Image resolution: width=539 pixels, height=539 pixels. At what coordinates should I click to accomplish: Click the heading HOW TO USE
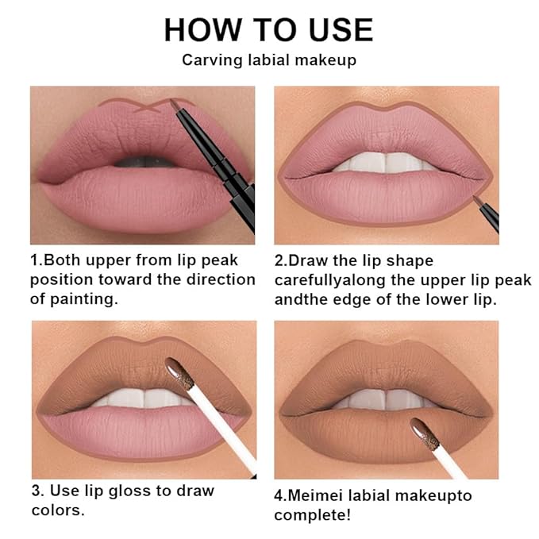click(x=268, y=29)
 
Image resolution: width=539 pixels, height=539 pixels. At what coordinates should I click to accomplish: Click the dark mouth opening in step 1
click(x=143, y=164)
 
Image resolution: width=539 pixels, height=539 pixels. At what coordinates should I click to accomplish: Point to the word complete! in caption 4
click(x=314, y=515)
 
